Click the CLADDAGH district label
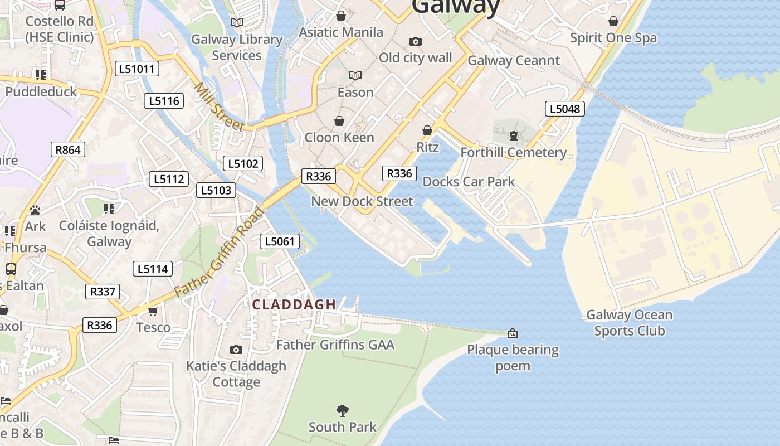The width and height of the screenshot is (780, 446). [294, 304]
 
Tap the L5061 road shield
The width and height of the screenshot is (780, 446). [280, 241]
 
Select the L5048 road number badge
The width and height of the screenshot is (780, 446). [565, 109]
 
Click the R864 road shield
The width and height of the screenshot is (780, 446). [68, 149]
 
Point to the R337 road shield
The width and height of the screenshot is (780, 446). [103, 291]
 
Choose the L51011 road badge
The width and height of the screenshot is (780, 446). [137, 69]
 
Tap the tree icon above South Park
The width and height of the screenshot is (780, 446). [343, 411]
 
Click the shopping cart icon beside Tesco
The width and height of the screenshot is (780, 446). [153, 311]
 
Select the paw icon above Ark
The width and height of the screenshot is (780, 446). [35, 210]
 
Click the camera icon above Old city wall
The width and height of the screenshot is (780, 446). [415, 42]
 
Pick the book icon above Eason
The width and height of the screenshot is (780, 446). [355, 75]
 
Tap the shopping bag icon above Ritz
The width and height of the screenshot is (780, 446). [427, 130]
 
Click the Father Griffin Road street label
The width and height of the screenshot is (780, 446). [219, 252]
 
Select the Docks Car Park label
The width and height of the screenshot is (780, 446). [469, 182]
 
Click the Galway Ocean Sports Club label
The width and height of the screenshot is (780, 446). [629, 323]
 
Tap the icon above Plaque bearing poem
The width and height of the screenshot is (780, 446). [513, 333]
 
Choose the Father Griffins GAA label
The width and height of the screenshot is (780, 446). [335, 345]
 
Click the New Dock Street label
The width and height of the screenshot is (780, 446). [362, 201]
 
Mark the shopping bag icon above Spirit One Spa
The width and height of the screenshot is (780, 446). [613, 21]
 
